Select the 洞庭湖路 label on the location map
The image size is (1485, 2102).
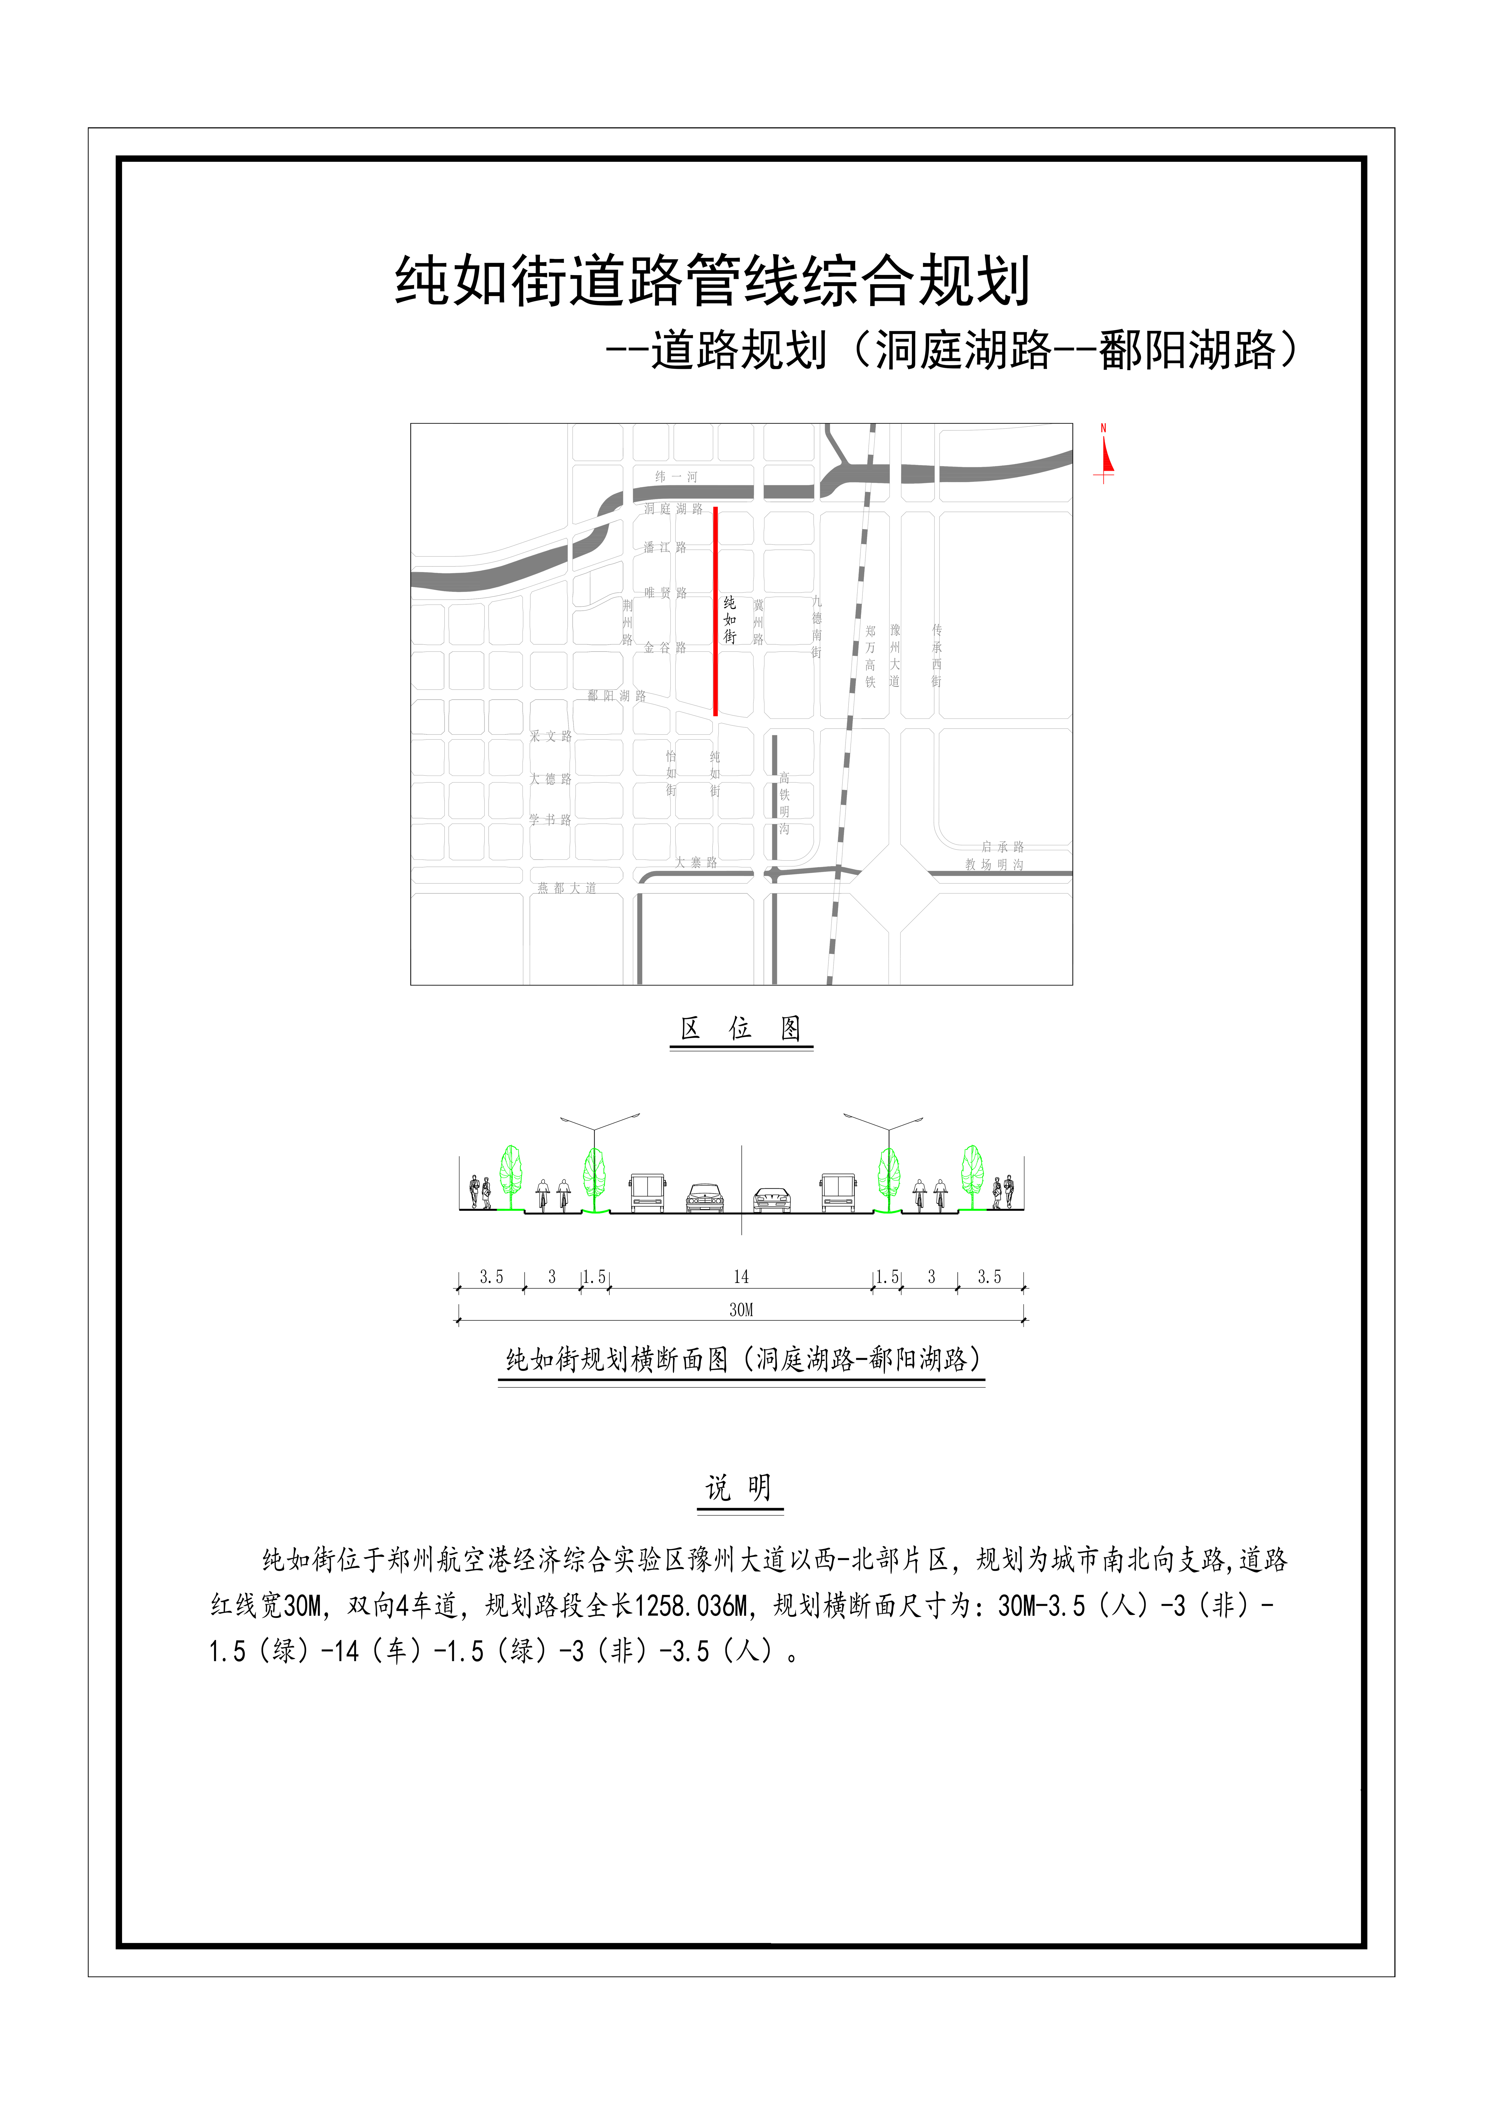673,509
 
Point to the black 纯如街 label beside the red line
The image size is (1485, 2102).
730,620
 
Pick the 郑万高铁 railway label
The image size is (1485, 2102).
870,656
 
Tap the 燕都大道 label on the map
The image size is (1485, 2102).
567,888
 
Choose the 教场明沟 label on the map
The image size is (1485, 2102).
994,864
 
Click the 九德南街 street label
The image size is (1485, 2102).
817,627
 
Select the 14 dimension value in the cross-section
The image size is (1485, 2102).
741,1276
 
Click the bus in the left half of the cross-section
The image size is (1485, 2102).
647,1193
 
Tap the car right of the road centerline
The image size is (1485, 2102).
772,1199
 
